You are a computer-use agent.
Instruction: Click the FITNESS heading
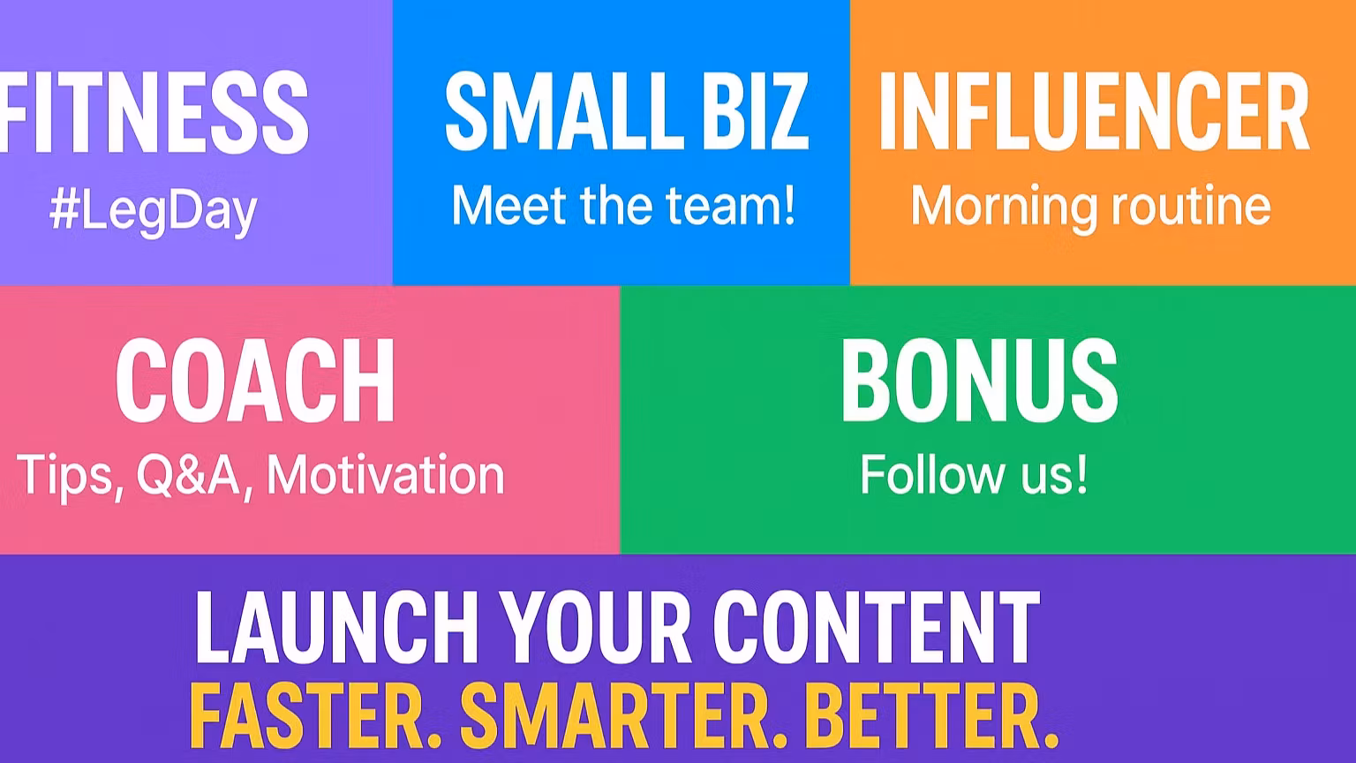154,112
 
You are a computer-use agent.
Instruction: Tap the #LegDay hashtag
153,212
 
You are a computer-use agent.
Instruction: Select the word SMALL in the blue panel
560,110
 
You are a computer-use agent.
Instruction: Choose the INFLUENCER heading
1094,110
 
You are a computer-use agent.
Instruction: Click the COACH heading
255,381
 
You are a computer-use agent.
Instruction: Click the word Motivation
386,475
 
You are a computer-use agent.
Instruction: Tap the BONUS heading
979,381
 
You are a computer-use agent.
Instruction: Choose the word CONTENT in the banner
876,627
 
